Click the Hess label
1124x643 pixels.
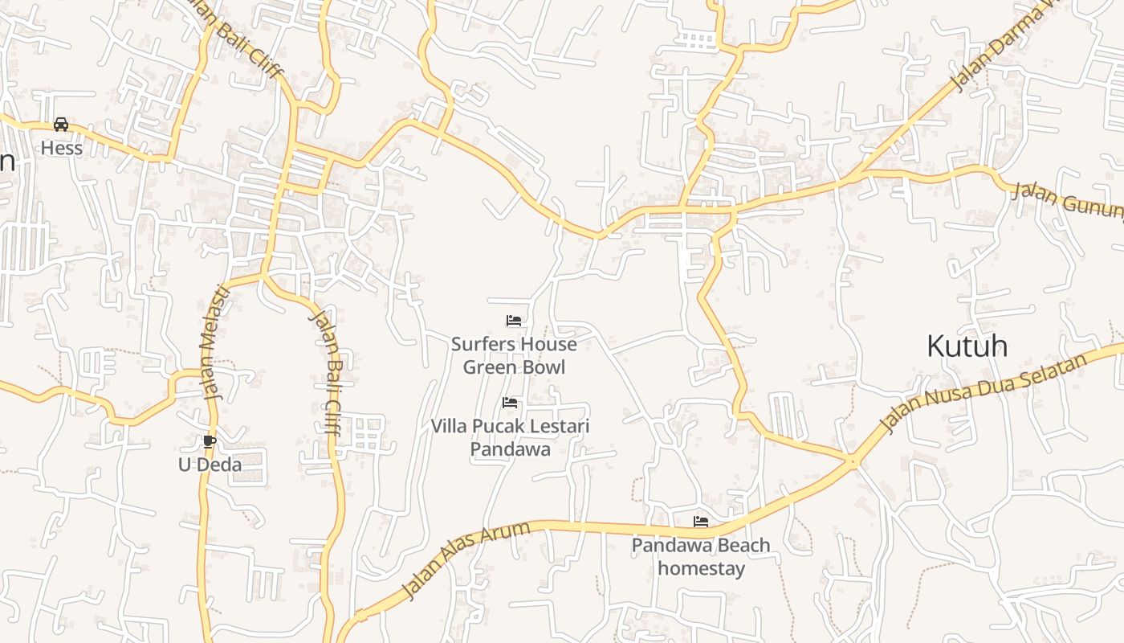(62, 149)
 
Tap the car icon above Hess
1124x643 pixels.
(61, 125)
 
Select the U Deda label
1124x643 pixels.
(210, 465)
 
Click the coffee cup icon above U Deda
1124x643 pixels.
(210, 441)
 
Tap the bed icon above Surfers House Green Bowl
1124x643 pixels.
(514, 321)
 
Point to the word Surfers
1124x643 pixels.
(480, 344)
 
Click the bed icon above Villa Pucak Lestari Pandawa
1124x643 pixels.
(510, 403)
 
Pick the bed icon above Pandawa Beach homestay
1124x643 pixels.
(701, 522)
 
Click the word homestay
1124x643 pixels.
(701, 568)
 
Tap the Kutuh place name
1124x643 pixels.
(967, 346)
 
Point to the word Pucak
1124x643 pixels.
(501, 426)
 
